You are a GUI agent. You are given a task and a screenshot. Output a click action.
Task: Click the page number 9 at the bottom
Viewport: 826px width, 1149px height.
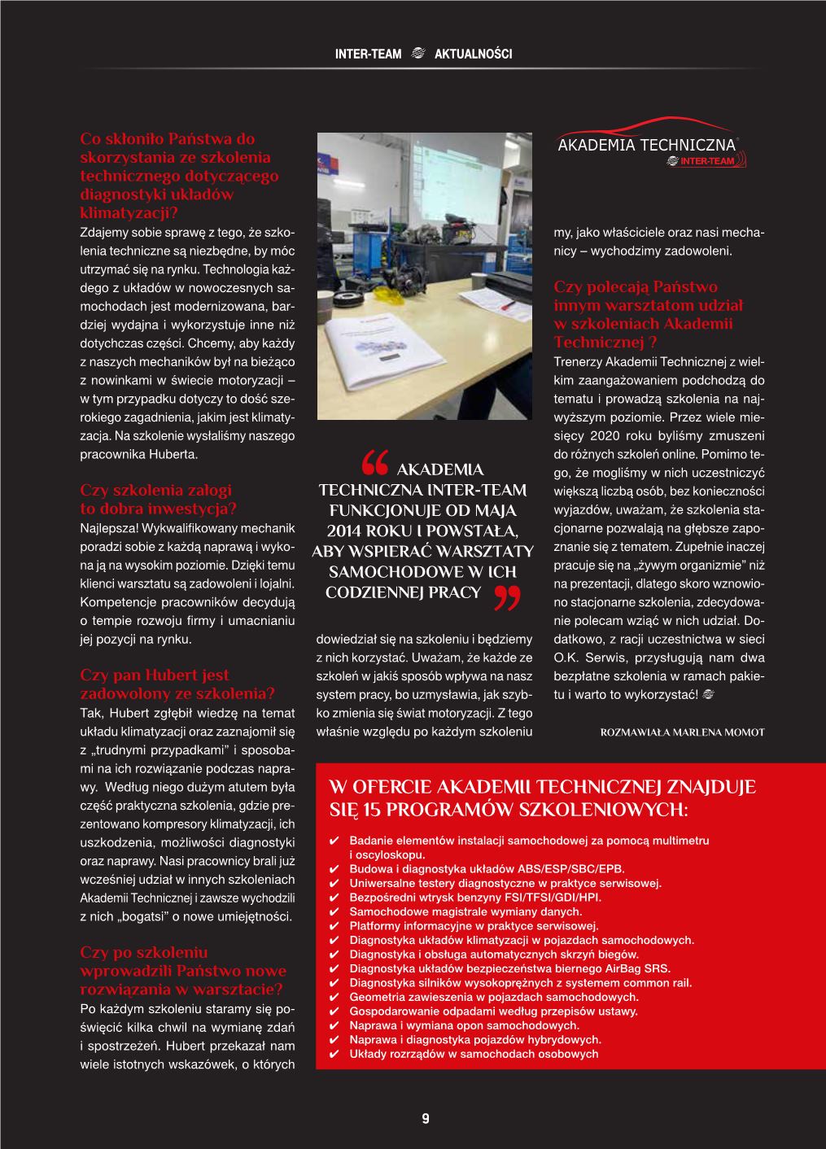pos(425,1119)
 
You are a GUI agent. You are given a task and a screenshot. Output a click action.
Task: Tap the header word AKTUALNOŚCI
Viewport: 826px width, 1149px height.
pos(474,55)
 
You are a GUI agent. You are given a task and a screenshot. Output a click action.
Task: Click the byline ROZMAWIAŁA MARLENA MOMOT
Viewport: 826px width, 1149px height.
pos(682,732)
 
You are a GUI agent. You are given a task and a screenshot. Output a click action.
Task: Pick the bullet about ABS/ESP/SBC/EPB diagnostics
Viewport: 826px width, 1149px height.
pos(486,869)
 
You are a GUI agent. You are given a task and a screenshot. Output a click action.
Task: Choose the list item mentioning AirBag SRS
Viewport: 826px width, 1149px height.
pos(509,968)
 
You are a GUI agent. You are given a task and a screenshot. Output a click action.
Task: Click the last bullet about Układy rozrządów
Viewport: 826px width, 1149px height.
pos(473,1054)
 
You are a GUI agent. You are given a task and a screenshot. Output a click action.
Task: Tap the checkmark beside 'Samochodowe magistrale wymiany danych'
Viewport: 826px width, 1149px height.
pos(332,912)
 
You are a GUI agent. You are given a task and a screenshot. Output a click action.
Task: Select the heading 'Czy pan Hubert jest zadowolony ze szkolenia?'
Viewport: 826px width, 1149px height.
pos(177,684)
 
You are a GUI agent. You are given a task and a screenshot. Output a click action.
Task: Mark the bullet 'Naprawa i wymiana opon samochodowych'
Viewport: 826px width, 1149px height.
pos(464,1025)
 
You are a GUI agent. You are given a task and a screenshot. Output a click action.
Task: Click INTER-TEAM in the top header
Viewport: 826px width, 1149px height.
pos(369,55)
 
